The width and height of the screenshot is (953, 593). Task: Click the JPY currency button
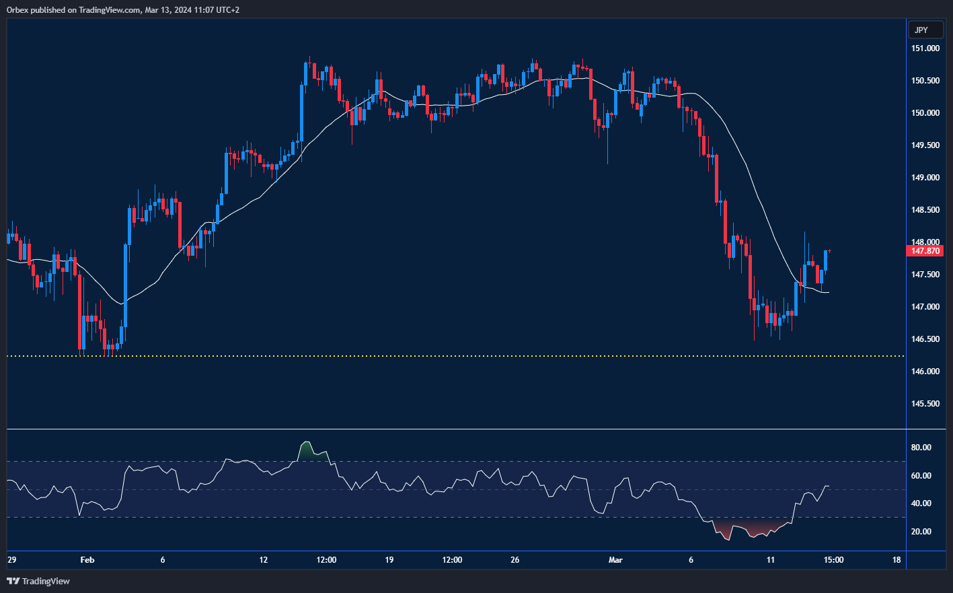point(921,30)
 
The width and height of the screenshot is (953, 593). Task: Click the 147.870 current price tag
point(925,251)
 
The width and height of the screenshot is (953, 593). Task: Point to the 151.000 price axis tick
point(925,48)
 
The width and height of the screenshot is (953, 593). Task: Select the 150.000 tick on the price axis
point(925,113)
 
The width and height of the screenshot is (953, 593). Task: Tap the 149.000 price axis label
point(925,178)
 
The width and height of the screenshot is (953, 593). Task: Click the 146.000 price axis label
point(925,372)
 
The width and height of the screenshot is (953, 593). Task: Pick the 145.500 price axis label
point(925,404)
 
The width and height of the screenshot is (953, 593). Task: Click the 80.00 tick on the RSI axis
point(921,448)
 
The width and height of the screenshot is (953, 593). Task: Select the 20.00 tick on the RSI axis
point(921,532)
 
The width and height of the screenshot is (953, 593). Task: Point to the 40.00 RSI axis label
point(921,503)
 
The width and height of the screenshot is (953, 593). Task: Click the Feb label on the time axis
point(87,560)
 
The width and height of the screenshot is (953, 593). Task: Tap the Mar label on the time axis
point(615,560)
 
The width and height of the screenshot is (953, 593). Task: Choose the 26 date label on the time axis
point(515,560)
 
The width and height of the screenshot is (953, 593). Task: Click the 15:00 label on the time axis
point(833,560)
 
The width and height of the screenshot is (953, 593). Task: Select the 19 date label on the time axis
point(389,560)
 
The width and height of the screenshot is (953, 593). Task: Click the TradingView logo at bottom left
point(38,581)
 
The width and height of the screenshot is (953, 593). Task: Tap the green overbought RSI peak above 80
point(307,452)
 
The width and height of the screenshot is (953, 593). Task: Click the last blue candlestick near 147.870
point(825,260)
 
